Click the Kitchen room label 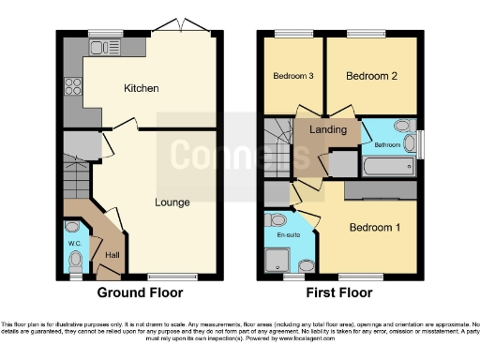[x=142, y=88]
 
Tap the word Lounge [x=172, y=202]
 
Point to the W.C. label [x=75, y=245]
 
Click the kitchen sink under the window [x=100, y=45]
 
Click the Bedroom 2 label [x=367, y=75]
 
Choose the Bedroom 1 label [x=374, y=227]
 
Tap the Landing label [x=327, y=129]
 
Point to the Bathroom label [x=387, y=145]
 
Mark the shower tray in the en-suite [x=280, y=260]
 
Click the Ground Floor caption [x=141, y=292]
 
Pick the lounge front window [x=165, y=277]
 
